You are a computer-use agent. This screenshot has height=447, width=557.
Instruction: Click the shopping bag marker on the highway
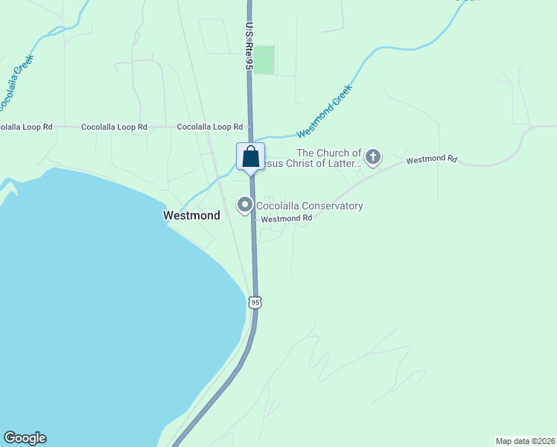(251, 156)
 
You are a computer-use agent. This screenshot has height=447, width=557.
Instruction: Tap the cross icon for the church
(373, 157)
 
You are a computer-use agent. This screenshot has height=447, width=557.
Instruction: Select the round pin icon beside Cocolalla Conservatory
(244, 205)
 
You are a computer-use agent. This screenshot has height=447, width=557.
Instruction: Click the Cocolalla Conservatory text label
(309, 206)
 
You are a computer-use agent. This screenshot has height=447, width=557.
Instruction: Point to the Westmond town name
(191, 215)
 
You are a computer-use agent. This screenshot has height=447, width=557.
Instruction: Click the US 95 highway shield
(255, 302)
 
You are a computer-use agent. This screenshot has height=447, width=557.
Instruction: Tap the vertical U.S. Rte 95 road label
(249, 46)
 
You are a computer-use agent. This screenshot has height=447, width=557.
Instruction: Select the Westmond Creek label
(324, 112)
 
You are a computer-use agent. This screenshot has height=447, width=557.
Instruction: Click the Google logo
(25, 438)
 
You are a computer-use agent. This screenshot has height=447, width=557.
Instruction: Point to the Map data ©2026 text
(525, 440)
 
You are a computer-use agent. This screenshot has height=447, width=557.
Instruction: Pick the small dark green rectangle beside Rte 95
(264, 60)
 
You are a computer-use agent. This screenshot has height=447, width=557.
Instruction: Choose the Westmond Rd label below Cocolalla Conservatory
(286, 218)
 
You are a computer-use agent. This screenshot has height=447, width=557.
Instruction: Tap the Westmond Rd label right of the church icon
(430, 159)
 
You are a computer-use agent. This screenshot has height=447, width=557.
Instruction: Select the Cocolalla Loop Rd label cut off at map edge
(26, 127)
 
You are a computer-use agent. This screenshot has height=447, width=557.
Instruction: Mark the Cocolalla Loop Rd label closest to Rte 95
(209, 127)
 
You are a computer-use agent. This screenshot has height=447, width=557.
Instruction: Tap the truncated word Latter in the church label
(345, 163)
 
